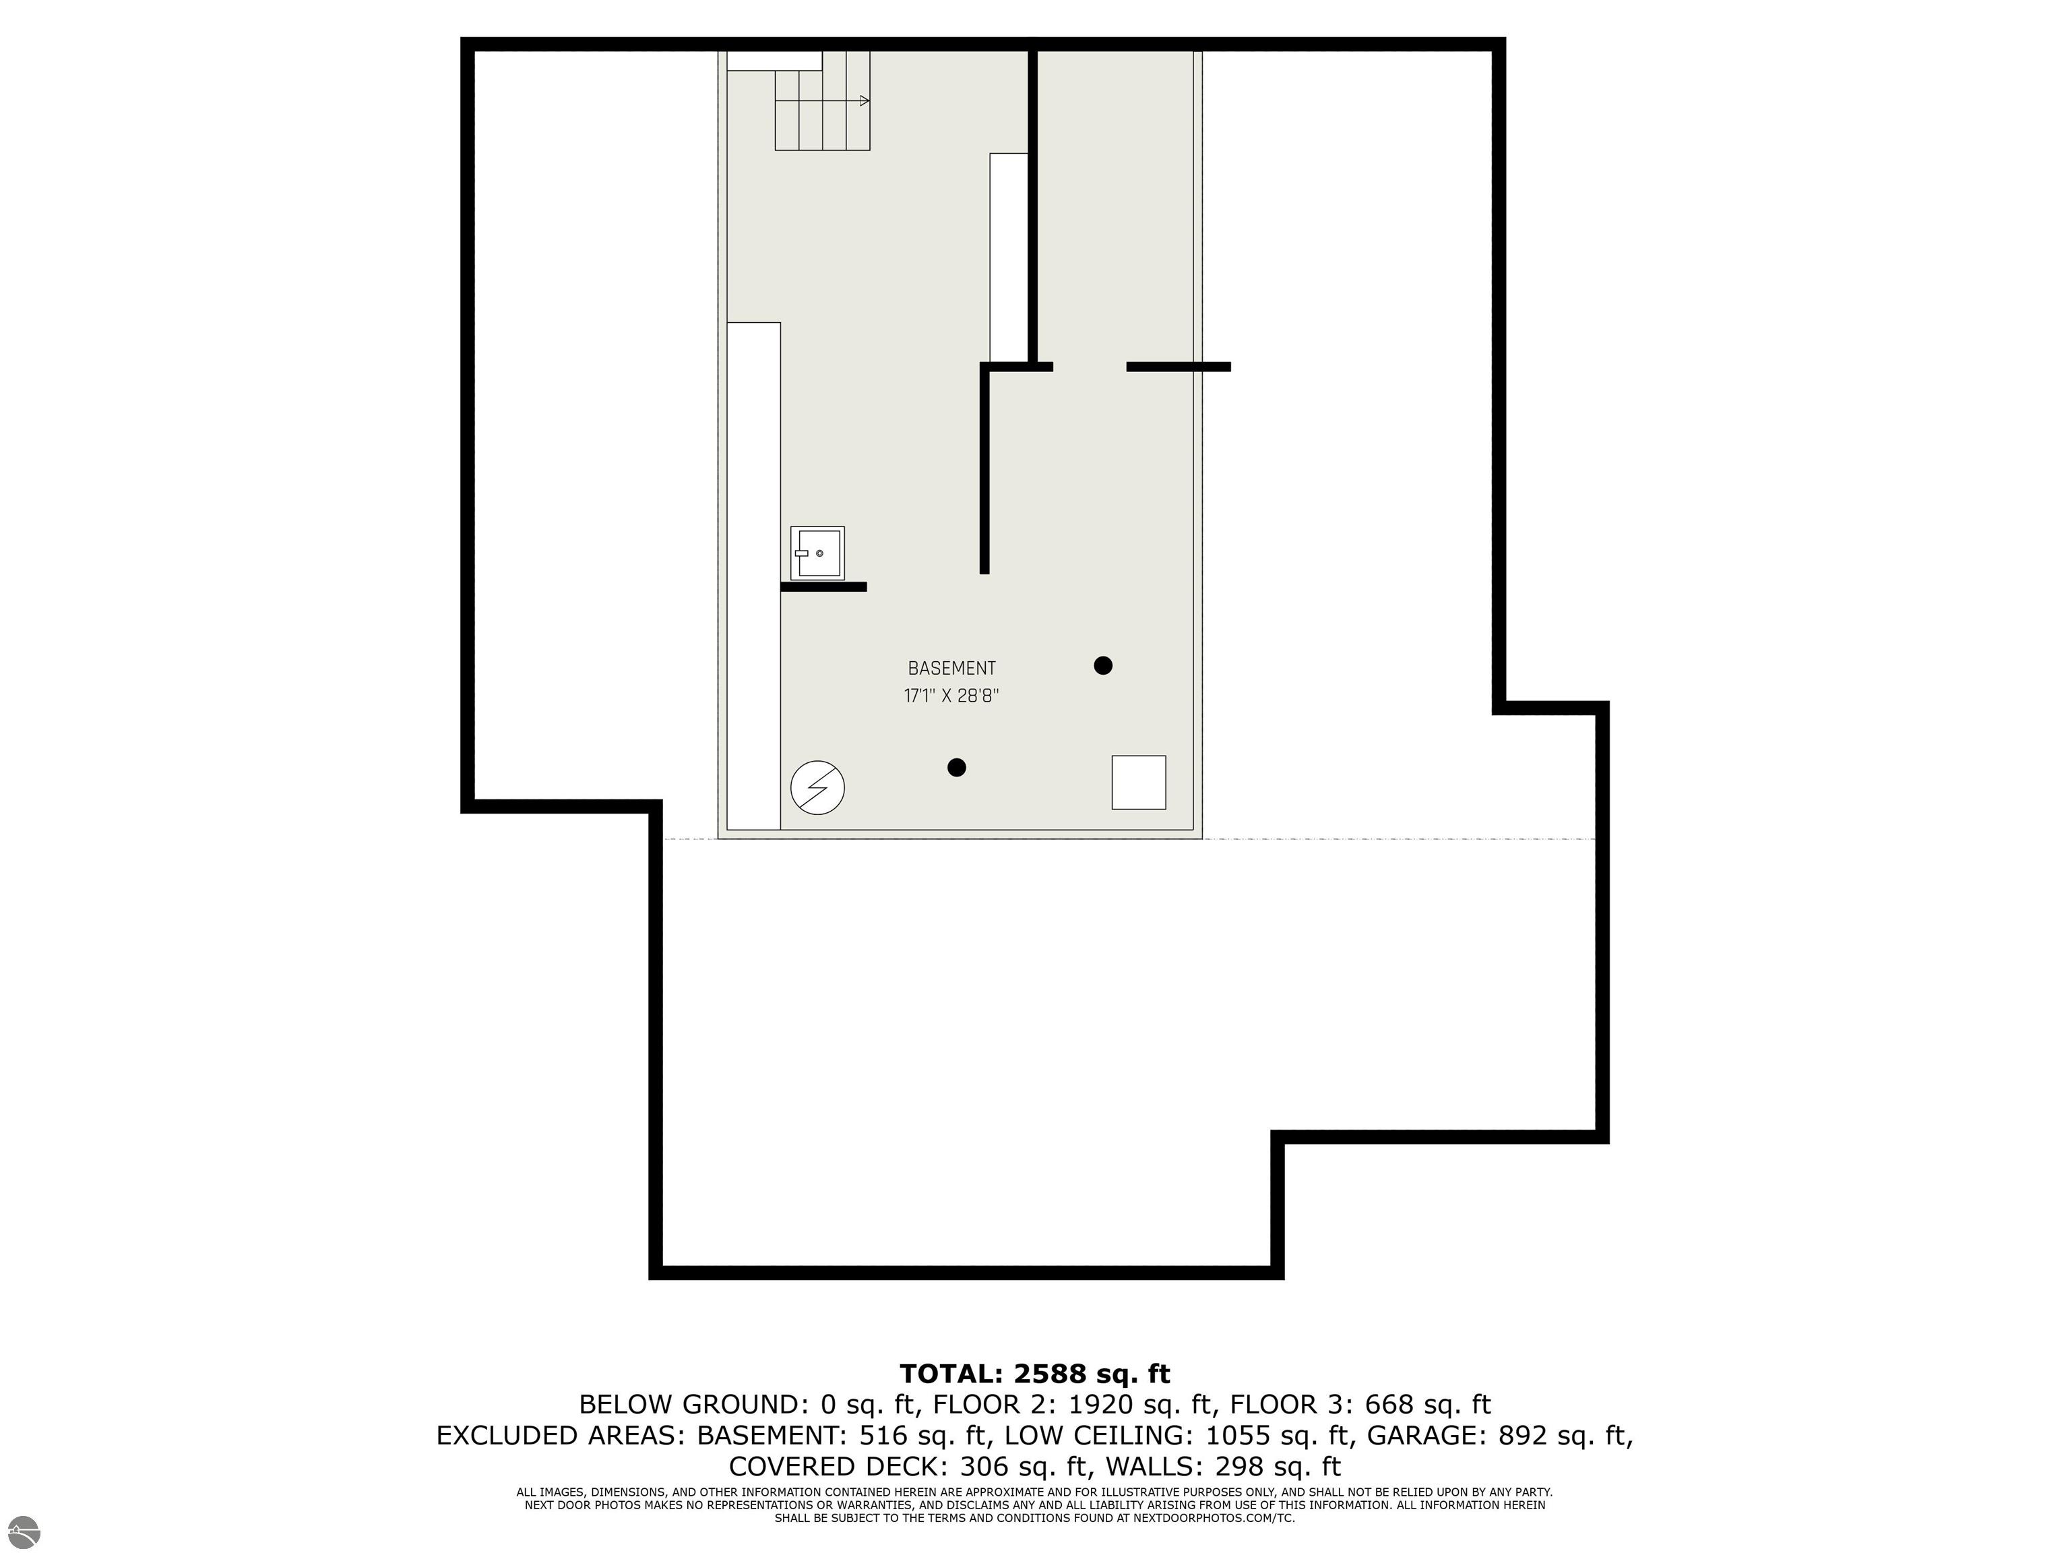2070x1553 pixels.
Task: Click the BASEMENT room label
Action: coord(951,669)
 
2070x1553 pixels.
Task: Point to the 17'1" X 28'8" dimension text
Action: coord(951,696)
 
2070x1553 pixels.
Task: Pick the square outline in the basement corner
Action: coord(1139,782)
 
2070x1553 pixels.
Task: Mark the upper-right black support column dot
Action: coord(1103,665)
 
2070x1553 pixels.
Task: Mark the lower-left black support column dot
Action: coord(956,768)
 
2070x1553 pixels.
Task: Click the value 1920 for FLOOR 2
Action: coord(1100,1404)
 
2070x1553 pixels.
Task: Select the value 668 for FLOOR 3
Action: coord(1389,1404)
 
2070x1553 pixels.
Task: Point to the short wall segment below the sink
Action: coord(823,587)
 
